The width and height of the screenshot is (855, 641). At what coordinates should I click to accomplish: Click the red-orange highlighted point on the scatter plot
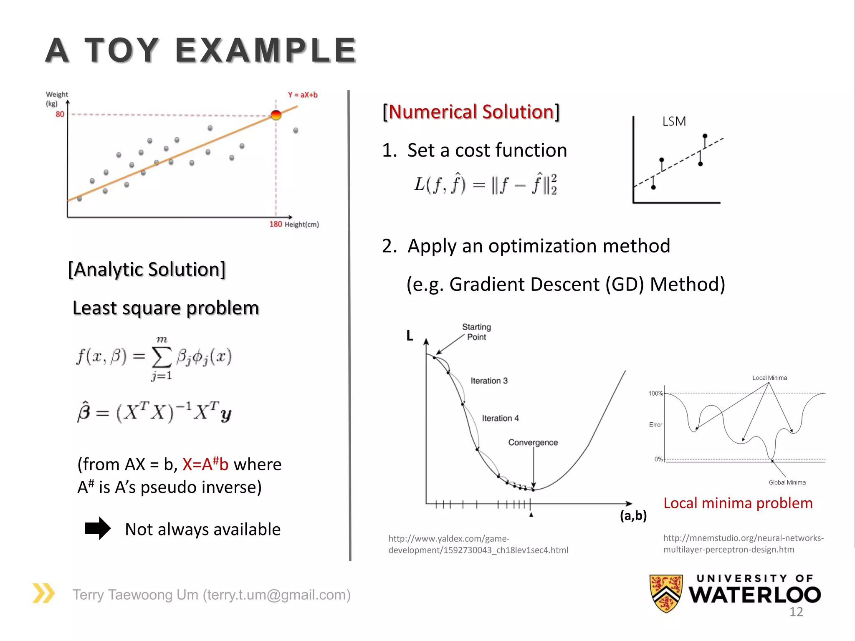(x=276, y=115)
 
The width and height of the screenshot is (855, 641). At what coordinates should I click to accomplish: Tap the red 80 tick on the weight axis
(x=60, y=114)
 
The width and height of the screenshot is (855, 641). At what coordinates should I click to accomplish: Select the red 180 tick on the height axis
(x=276, y=224)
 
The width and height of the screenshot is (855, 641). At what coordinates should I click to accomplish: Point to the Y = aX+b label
(x=303, y=95)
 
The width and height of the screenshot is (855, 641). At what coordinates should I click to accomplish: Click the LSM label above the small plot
(x=674, y=121)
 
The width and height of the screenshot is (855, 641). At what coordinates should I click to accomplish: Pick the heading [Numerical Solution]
(x=471, y=112)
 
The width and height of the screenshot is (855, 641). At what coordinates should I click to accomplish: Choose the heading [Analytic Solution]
(x=147, y=270)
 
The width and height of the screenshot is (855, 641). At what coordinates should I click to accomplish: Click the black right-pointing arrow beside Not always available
(x=98, y=528)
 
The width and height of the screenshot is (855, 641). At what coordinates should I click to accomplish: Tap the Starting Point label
(x=476, y=332)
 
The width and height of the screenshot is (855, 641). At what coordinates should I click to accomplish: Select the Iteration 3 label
(x=489, y=381)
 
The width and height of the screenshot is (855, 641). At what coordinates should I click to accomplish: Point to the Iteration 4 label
(x=500, y=418)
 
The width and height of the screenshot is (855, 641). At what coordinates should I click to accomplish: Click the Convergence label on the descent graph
(x=533, y=442)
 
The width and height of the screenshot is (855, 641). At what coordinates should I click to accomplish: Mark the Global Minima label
(x=787, y=482)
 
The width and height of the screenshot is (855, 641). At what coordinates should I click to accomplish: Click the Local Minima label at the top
(x=769, y=378)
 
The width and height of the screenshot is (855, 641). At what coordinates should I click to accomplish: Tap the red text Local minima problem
(x=738, y=503)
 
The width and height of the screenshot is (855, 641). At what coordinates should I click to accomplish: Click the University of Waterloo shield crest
(x=666, y=593)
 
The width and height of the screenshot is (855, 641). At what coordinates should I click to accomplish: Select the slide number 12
(x=796, y=612)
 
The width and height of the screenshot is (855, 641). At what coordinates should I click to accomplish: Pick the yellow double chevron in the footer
(x=44, y=593)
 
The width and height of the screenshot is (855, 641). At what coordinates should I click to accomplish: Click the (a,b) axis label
(x=633, y=516)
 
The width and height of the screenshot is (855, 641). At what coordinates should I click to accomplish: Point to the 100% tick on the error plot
(x=655, y=393)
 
